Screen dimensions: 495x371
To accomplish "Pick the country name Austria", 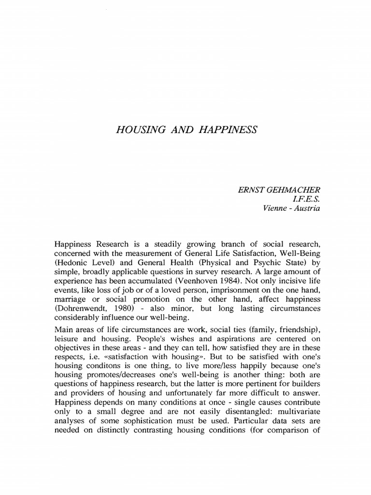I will [307, 208].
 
